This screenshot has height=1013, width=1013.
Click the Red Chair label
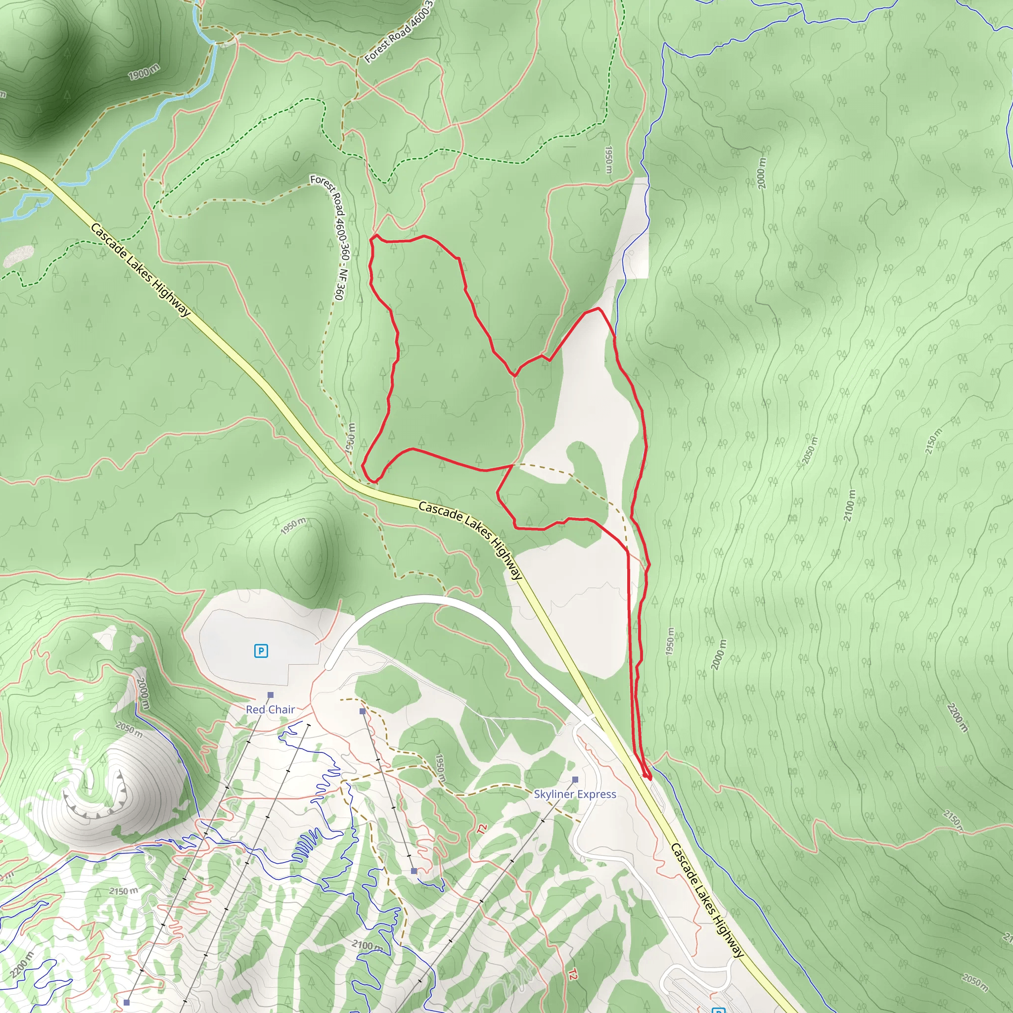270,709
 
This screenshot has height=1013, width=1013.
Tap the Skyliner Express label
575,794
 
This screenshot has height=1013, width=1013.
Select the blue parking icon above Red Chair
261,651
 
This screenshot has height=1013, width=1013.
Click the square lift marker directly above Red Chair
271,695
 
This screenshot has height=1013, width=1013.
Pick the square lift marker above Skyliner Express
575,780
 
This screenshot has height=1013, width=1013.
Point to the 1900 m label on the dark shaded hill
144,72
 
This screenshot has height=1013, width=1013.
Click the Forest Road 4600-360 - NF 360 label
331,237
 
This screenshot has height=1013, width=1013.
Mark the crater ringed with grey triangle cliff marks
97,789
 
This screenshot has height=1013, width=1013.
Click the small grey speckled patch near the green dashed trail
19,256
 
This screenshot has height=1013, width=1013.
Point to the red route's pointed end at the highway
647,777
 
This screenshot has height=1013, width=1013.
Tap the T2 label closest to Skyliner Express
481,829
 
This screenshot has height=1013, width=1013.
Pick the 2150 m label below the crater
124,891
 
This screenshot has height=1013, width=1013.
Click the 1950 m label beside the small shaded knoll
293,526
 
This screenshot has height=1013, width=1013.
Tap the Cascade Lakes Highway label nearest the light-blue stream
140,270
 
